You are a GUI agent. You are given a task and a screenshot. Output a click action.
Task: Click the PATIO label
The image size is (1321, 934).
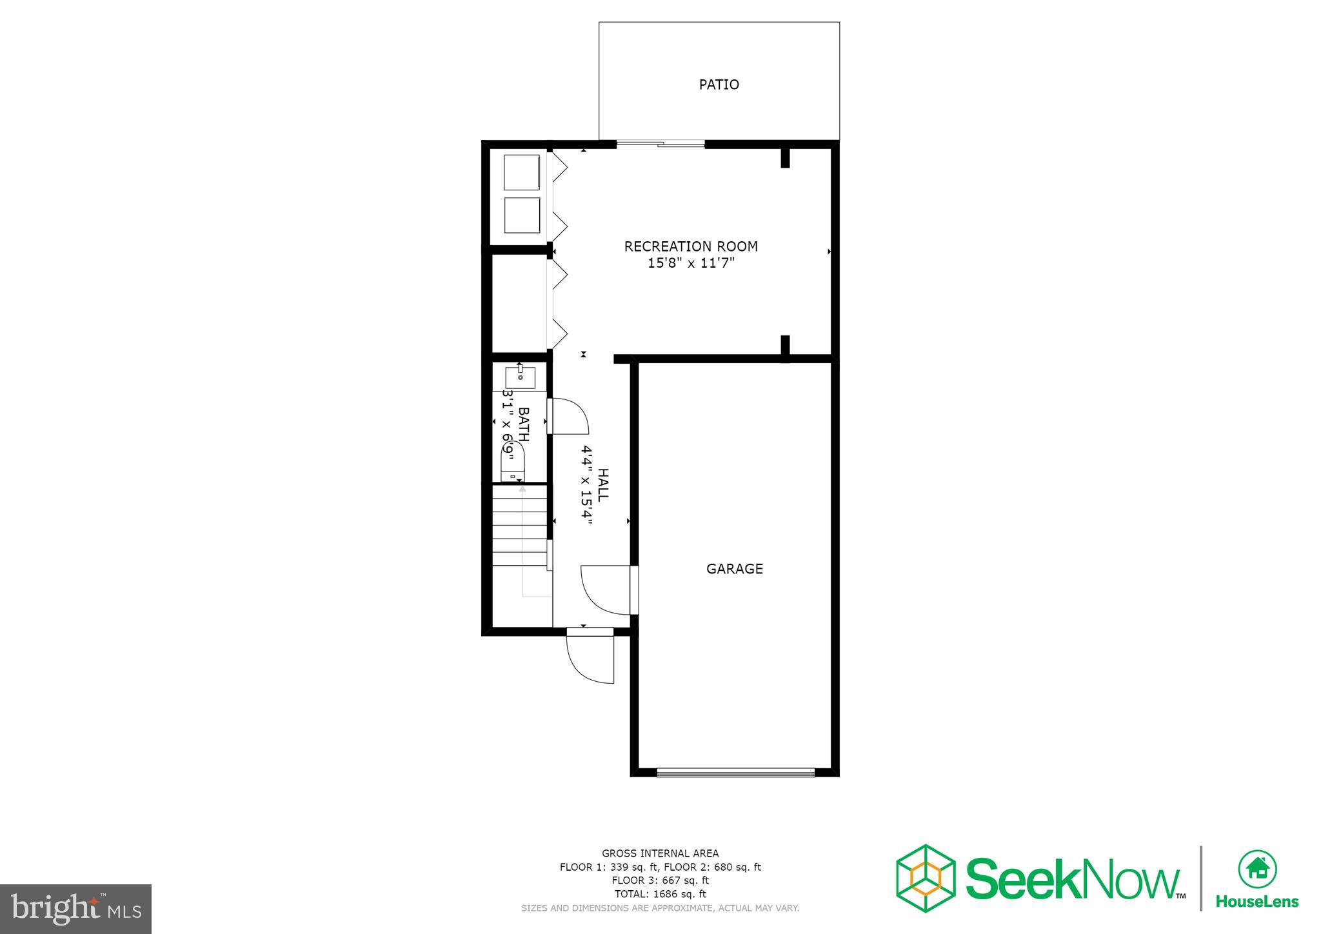719,84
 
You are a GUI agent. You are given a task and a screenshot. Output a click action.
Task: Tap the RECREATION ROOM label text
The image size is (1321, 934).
691,246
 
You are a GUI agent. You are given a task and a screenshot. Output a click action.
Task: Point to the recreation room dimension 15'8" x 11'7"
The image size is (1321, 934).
691,263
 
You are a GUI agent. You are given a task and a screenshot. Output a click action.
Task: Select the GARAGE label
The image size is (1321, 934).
734,569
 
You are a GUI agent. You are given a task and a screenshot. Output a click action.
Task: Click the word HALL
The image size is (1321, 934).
603,485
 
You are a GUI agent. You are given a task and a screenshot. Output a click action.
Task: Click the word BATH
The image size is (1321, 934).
524,424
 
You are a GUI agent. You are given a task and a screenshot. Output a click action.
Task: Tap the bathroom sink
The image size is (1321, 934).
520,377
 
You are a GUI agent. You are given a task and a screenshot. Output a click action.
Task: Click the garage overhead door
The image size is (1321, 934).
735,771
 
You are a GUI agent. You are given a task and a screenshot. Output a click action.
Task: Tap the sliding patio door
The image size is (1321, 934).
660,144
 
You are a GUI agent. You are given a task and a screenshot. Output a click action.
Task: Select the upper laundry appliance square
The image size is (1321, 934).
521,172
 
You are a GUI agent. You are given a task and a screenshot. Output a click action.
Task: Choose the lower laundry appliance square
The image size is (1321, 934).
521,215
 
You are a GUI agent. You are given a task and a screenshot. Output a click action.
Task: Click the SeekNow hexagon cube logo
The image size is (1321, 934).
926,878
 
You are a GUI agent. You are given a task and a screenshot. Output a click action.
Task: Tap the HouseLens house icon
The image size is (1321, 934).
1256,869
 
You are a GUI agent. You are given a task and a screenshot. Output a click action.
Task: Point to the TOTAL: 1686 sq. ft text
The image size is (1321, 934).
660,894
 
